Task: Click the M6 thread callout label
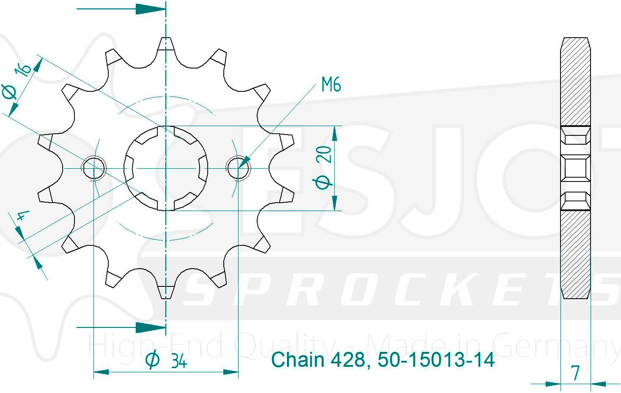click(331, 84)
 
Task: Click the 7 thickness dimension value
click(576, 373)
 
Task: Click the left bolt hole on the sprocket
click(93, 168)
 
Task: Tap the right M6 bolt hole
click(238, 168)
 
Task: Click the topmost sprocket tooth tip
click(166, 38)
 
